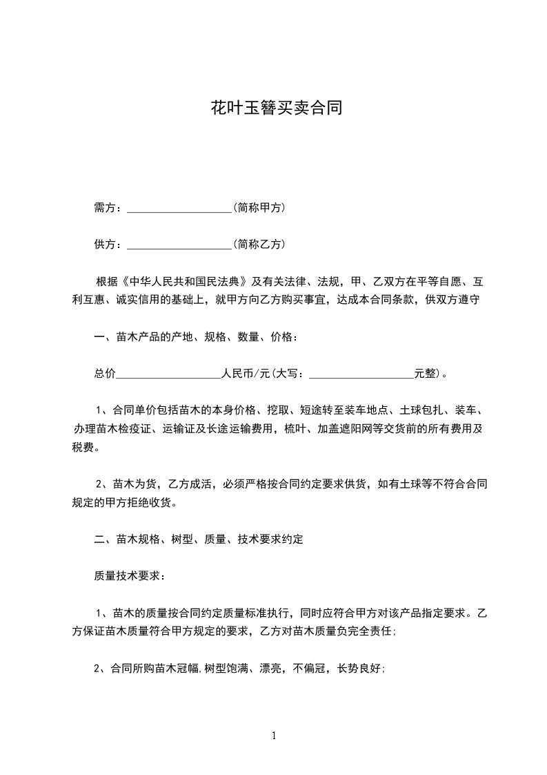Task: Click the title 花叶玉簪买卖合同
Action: pos(276,109)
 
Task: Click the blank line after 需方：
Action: pos(179,209)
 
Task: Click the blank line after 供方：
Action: pos(179,246)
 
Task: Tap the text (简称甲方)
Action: pos(259,208)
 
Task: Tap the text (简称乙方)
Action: pos(259,245)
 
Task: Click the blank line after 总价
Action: pos(168,376)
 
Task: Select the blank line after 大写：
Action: pos(361,376)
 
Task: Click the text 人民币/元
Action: pos(245,374)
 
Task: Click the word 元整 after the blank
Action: pos(425,374)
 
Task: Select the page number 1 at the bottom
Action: pos(275,736)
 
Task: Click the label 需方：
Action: pos(108,208)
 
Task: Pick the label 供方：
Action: pos(108,245)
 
